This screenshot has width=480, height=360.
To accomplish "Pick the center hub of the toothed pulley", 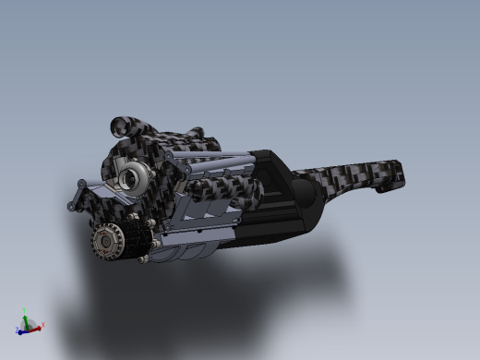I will pyautogui.click(x=105, y=244).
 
